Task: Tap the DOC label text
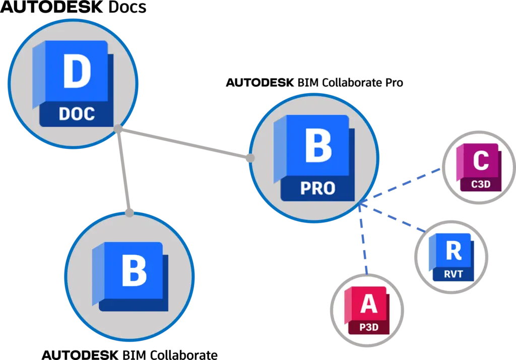77,114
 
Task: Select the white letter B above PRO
318,146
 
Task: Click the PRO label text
317,188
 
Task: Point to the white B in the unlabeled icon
134,271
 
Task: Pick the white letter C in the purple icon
480,161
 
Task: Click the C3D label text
480,184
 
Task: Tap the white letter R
454,250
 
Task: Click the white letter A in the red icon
368,304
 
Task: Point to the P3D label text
368,327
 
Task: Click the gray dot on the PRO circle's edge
251,158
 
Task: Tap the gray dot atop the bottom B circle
130,213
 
